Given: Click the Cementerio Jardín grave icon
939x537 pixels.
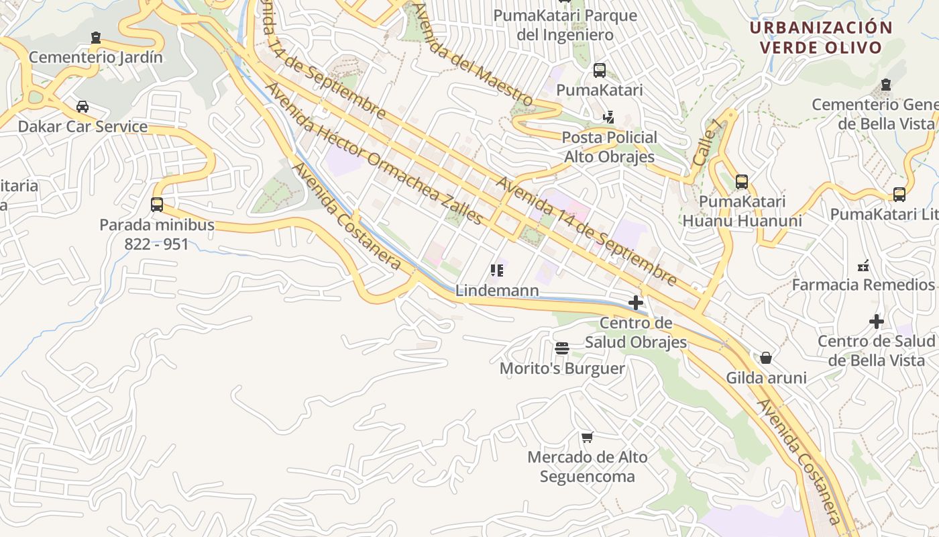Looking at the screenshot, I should pos(96,38).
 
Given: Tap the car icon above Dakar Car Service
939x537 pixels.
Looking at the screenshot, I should pos(82,107).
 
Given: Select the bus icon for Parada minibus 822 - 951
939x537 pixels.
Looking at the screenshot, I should pos(157,205).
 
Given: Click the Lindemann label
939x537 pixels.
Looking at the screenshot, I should pos(497,291).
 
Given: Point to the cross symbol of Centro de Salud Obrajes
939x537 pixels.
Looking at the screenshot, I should pos(636,303).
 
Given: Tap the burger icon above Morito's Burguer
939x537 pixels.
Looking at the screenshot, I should pos(562,348).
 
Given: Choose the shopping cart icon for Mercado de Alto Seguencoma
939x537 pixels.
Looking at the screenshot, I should pos(588,438).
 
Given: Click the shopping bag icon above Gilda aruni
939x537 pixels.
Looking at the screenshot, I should pos(766,358).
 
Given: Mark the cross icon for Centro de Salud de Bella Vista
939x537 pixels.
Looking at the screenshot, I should pos(877,322).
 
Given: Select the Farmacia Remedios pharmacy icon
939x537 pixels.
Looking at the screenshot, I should pos(863,266).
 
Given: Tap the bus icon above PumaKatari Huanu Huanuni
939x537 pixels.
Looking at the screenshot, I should pos(742,182).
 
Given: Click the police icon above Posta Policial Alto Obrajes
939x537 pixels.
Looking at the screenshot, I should pos(608,117).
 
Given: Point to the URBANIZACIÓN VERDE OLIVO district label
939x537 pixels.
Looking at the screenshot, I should pos(821,38).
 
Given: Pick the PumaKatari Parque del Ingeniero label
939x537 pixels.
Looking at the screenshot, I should pos(565,25).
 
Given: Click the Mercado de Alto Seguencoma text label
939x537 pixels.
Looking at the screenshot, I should pos(588,467).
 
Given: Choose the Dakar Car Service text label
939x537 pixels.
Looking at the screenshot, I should pos(82,126).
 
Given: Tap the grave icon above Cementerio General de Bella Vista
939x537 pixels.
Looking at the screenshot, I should pos(886,85).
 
